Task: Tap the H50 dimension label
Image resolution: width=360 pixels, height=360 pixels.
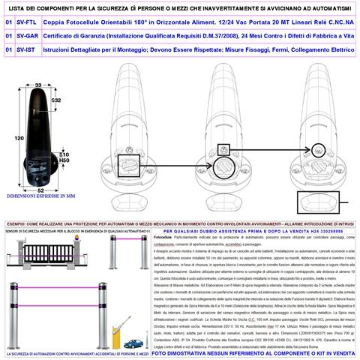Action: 64,160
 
